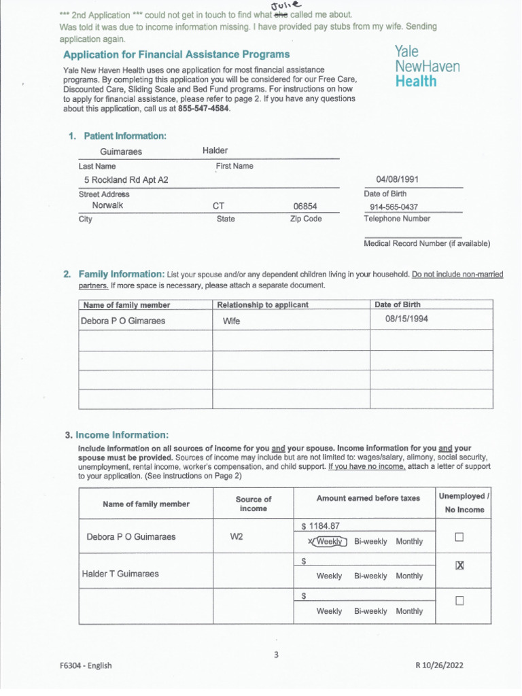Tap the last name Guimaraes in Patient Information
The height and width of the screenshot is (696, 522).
pos(121,152)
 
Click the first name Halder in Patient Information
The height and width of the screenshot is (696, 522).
pos(215,150)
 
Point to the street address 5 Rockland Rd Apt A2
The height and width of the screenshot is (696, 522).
pos(126,180)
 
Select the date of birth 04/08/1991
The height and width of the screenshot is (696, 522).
pos(397,179)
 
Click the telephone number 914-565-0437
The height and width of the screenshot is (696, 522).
pos(394,207)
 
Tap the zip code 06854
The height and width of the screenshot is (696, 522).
pos(305,207)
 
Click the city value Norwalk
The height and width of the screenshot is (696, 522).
pos(107,206)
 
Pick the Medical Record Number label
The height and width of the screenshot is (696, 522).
pos(426,243)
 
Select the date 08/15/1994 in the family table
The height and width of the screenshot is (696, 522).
pos(406,319)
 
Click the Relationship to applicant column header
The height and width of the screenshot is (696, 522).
pos(262,304)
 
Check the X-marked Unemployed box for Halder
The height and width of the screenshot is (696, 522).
pos(459,565)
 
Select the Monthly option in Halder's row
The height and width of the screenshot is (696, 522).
pos(408,576)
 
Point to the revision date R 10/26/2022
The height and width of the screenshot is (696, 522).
pos(439,665)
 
